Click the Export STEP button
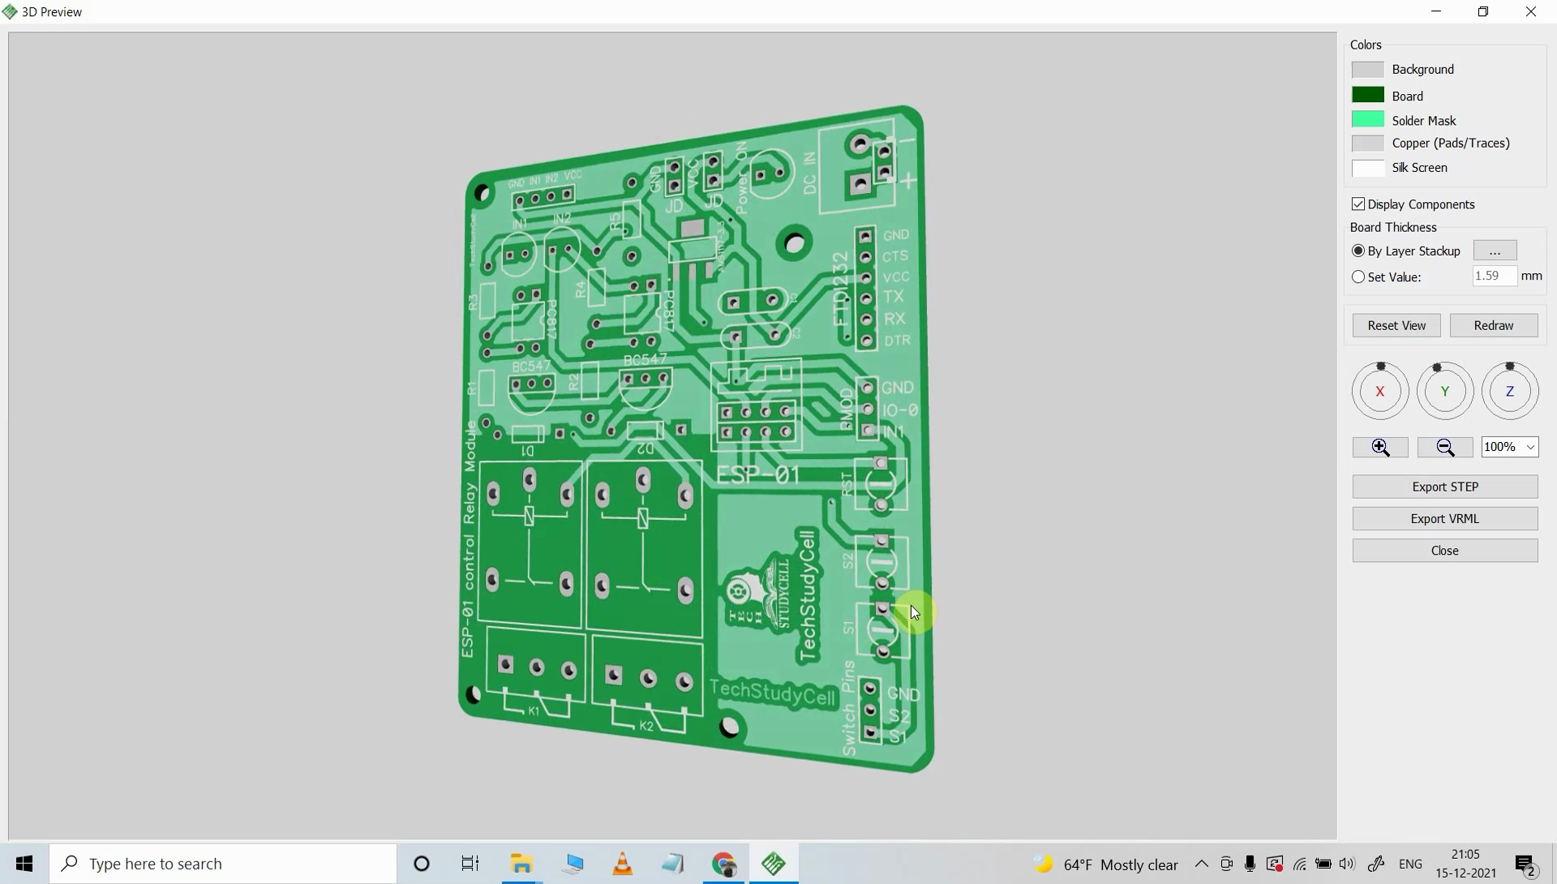click(1444, 487)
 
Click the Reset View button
click(1396, 325)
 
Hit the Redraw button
click(1493, 325)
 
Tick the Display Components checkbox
click(1358, 204)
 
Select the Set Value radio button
click(1358, 277)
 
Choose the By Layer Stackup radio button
click(1358, 251)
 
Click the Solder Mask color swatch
click(1367, 120)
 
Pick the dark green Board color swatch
click(1367, 96)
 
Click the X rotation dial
click(1379, 392)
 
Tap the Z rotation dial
click(1509, 392)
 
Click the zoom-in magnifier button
click(1379, 447)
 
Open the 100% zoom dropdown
click(1509, 447)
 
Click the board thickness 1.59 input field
click(1494, 277)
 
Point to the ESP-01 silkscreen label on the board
click(758, 475)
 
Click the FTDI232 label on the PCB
click(841, 288)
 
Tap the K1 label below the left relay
click(534, 711)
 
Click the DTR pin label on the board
click(897, 341)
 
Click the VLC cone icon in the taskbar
click(622, 864)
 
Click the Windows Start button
click(24, 864)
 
